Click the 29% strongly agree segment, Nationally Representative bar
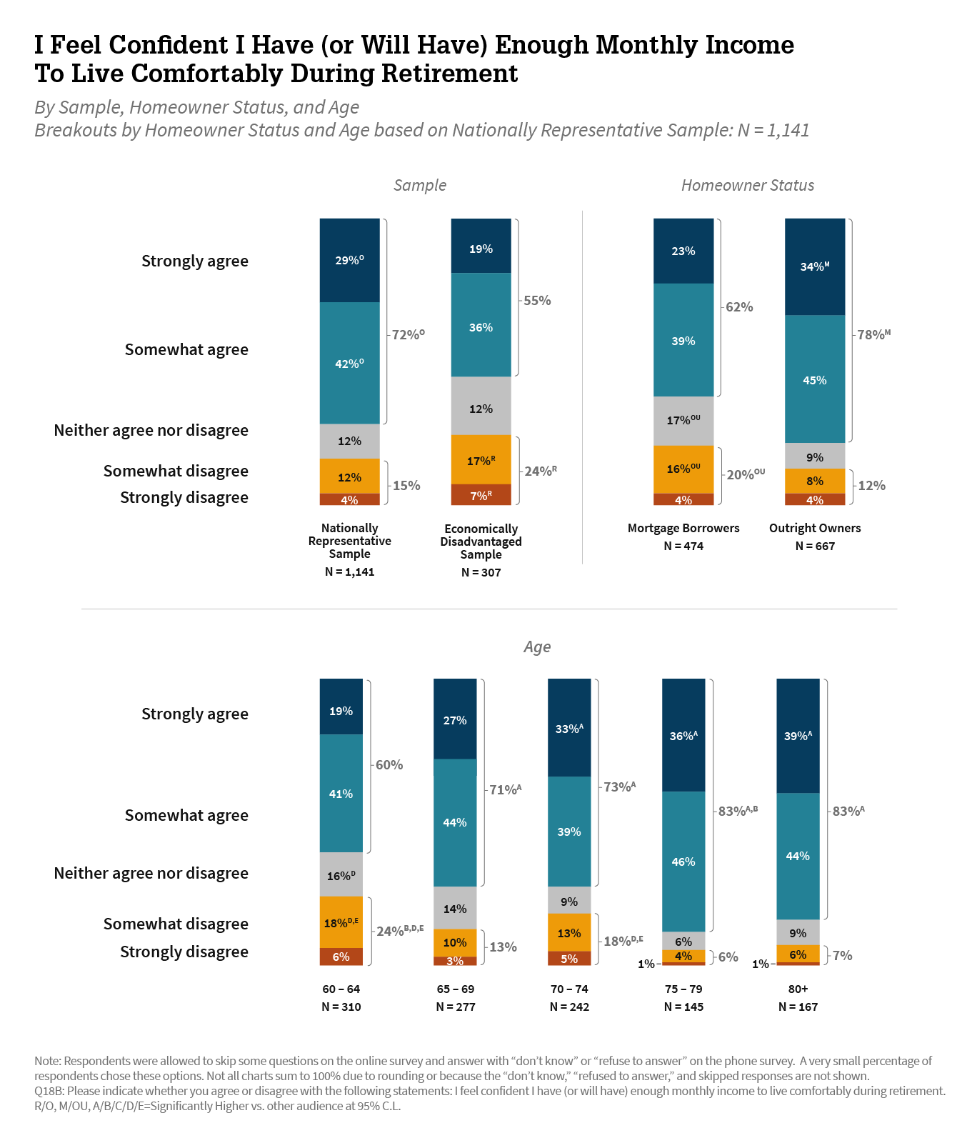349,260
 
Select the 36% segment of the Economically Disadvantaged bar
481,326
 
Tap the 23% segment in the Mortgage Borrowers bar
683,251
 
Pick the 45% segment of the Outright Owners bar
815,380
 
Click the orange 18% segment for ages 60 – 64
341,922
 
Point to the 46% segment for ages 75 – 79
683,862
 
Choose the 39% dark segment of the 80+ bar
798,736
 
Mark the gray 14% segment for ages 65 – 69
455,909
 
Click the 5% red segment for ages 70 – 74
569,959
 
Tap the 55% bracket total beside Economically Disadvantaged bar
537,301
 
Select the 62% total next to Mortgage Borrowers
739,307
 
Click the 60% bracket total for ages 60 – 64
389,765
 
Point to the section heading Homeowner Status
747,186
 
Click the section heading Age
537,647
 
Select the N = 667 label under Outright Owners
815,546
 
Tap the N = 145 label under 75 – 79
683,1007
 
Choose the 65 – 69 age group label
455,989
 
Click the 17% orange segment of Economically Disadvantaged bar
481,461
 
